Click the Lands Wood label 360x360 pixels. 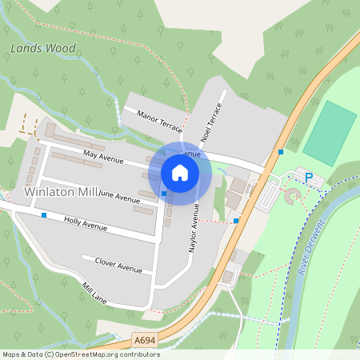[43, 49]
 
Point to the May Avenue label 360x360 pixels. [103, 158]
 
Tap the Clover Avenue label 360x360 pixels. [118, 265]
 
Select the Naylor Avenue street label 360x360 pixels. [193, 229]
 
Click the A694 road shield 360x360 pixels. [144, 341]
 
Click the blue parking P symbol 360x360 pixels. [310, 177]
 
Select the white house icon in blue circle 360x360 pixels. [180, 172]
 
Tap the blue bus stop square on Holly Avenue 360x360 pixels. [44, 215]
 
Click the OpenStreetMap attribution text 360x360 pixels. [80, 354]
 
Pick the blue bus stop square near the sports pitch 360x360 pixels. [281, 152]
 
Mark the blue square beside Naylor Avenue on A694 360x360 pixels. [236, 220]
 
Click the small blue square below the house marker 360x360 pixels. [163, 194]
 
